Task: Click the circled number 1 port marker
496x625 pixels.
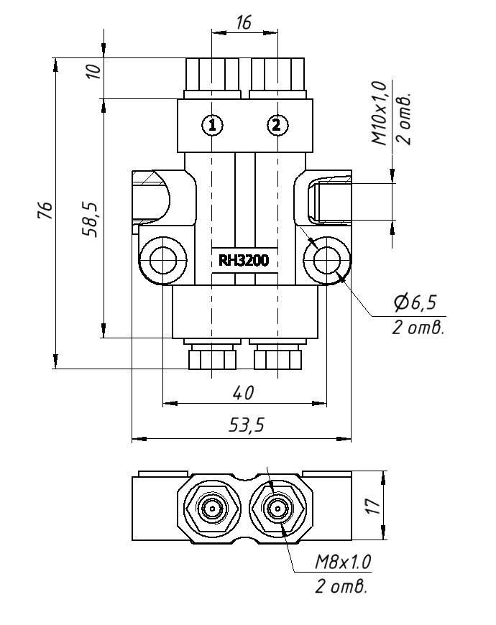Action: tap(211, 125)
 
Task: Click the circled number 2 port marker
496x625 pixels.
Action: tap(277, 125)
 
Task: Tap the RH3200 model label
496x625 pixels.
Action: tap(244, 261)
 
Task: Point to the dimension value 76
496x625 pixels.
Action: tap(45, 211)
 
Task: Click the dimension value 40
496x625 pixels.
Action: tap(244, 392)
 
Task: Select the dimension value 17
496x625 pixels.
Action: tap(372, 507)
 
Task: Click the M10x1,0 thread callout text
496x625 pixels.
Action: tap(379, 114)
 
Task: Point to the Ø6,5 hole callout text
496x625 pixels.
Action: tap(415, 303)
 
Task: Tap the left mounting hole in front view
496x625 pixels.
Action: tap(164, 259)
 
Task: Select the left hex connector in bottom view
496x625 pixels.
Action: tap(213, 509)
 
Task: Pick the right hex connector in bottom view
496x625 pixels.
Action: tap(277, 509)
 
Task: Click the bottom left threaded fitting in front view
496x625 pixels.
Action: tap(212, 357)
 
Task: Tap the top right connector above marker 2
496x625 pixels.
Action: tap(277, 75)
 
